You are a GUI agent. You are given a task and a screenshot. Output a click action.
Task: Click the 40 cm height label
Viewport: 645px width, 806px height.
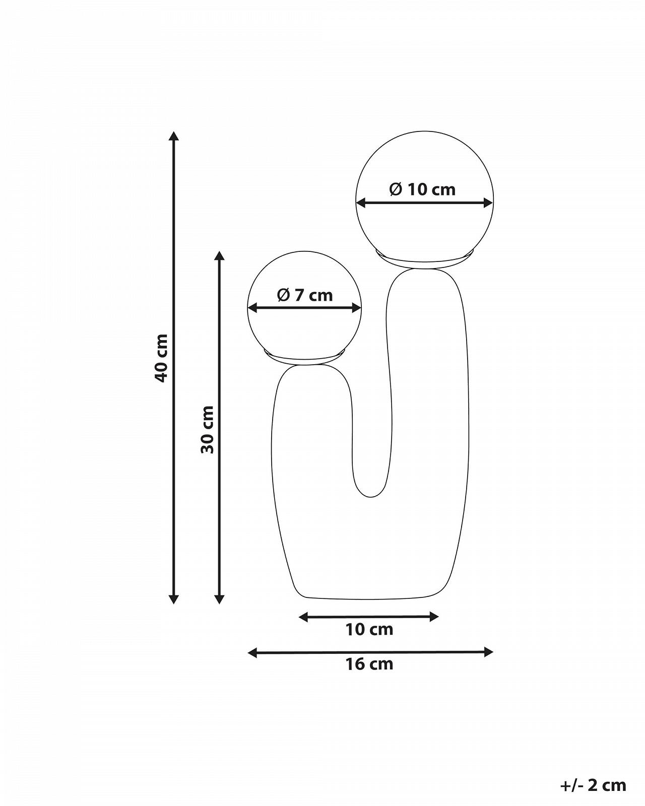[162, 358]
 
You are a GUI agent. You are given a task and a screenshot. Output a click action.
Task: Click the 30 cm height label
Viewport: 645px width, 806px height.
[207, 430]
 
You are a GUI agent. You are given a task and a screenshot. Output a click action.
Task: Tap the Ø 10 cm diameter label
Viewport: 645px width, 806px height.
[422, 189]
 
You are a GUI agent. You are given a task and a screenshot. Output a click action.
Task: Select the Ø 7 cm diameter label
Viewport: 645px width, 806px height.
[305, 295]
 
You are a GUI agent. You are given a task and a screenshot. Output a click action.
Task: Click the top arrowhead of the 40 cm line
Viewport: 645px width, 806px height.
[173, 136]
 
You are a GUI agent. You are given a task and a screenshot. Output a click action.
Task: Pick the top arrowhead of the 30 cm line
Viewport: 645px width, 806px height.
[220, 256]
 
